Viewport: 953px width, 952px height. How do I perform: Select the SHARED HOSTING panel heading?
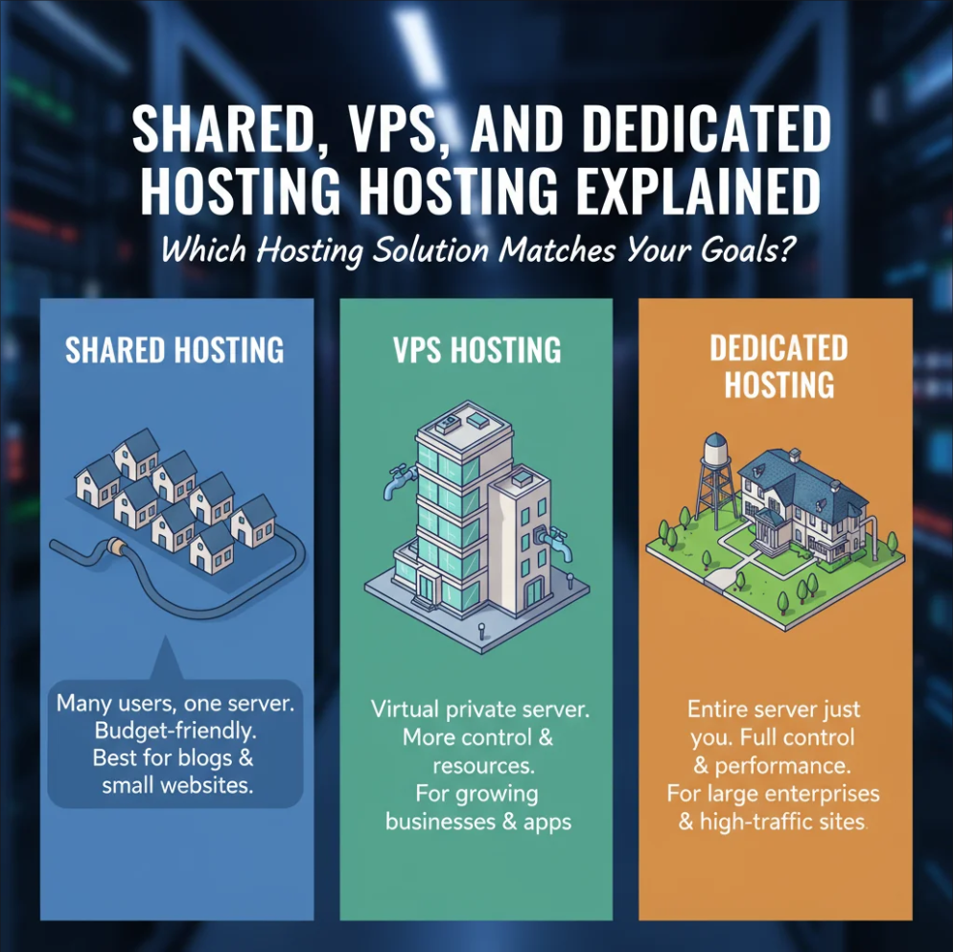click(x=174, y=350)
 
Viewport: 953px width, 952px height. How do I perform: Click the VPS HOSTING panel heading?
click(x=476, y=350)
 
